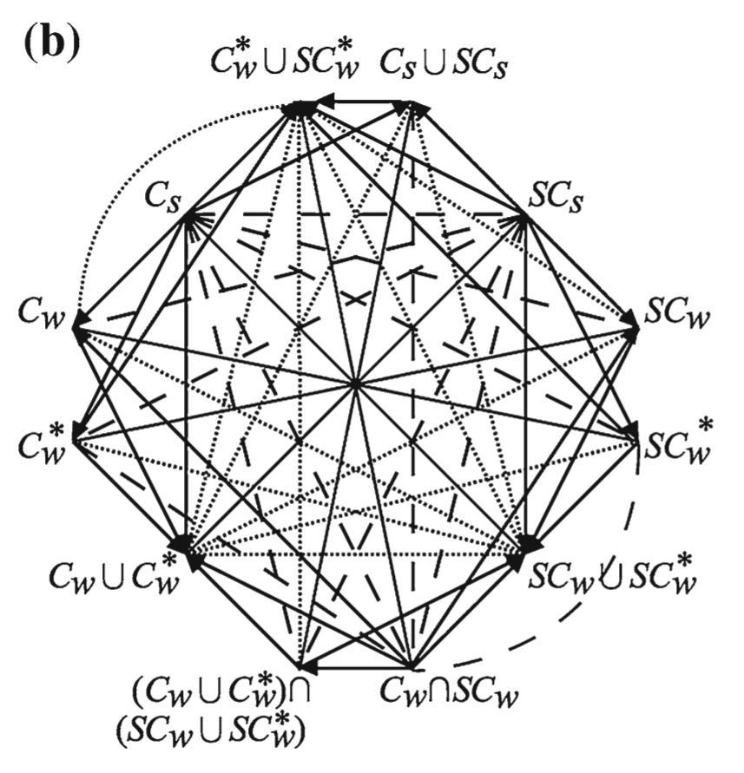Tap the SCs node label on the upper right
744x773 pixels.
(556, 197)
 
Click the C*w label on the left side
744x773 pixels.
(43, 442)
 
